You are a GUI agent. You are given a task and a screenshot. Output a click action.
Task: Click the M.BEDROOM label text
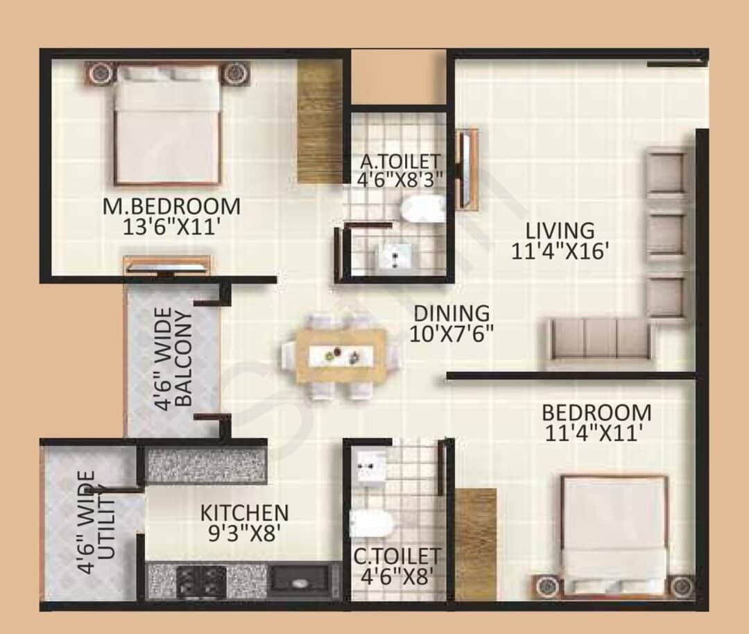(x=172, y=207)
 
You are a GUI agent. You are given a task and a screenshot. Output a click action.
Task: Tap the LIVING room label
(x=560, y=231)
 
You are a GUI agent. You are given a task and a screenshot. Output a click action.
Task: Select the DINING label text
(x=452, y=314)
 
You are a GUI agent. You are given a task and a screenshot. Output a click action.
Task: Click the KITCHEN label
(x=245, y=513)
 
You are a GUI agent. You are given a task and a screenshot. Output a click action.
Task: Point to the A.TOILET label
(x=400, y=161)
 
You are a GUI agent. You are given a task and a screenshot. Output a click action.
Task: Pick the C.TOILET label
(x=397, y=557)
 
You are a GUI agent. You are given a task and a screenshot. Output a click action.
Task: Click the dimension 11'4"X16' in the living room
(x=560, y=251)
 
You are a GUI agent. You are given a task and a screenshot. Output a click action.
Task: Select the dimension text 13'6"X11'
(x=172, y=227)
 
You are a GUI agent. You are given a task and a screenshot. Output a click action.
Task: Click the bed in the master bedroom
(x=168, y=125)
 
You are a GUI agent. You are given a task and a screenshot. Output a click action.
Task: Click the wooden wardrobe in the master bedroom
(x=320, y=121)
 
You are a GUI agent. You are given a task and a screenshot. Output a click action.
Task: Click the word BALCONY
(x=184, y=359)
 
